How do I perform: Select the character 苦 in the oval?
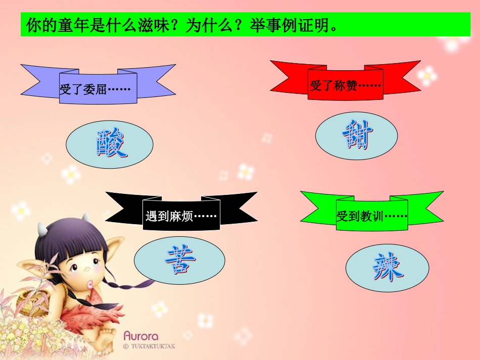[180, 260]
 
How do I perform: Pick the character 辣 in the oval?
[388, 267]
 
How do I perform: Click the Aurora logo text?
[141, 336]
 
